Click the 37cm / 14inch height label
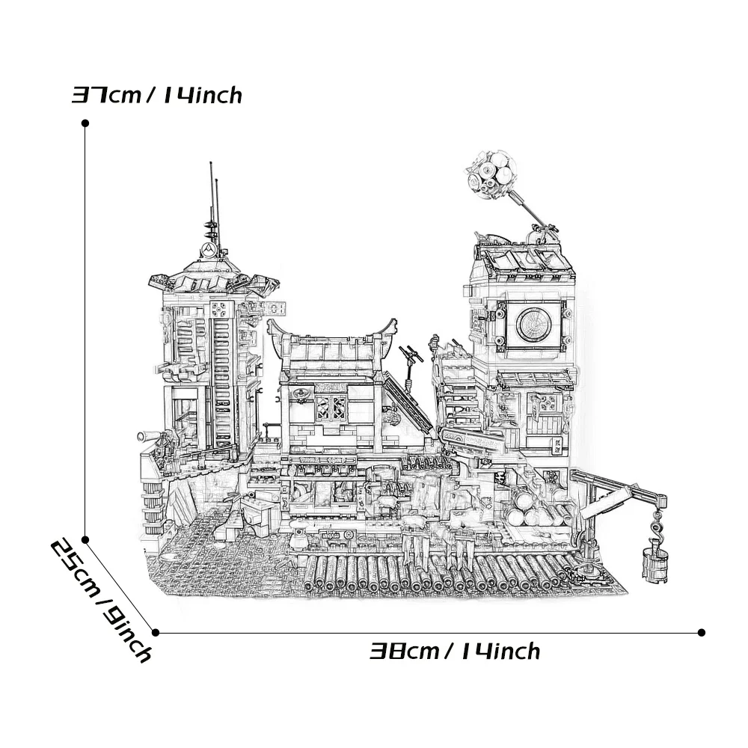(x=157, y=96)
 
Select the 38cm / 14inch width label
(x=455, y=652)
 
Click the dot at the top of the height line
(x=85, y=123)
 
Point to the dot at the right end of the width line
(x=701, y=632)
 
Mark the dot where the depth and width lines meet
(x=156, y=632)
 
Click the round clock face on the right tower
(x=534, y=322)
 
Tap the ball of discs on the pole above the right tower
(x=488, y=174)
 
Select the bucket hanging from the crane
(x=654, y=561)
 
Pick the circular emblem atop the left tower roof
(x=210, y=249)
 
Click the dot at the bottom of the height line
(x=85, y=539)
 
